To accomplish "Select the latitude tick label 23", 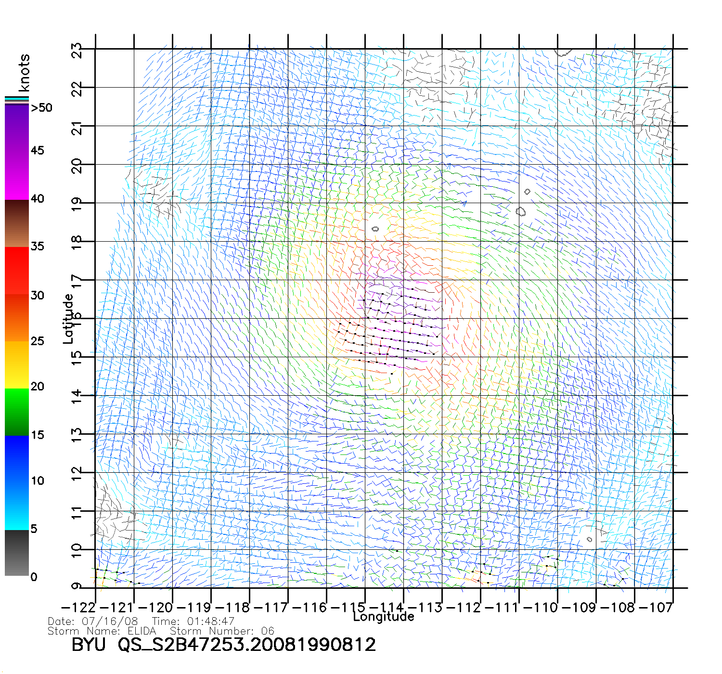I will (77, 50).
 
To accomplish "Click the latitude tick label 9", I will (77, 586).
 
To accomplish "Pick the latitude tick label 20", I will (77, 166).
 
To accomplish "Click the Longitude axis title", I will (384, 617).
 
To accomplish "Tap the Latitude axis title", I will (68, 318).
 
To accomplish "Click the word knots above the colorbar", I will (24, 73).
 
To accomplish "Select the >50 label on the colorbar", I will (41, 108).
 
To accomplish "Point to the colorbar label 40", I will (37, 199).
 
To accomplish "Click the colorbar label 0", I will (34, 577).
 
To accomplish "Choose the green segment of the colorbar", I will (17, 412).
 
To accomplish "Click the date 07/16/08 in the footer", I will (110, 622).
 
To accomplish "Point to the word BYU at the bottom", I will (89, 645).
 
